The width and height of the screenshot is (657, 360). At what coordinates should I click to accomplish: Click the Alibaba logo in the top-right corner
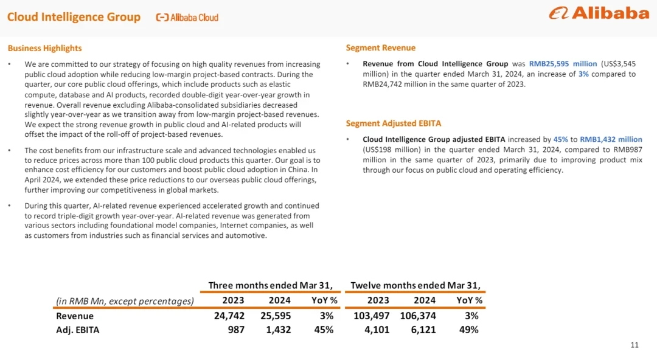coord(599,13)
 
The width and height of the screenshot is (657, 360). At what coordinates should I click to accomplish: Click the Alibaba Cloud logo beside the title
coord(187,18)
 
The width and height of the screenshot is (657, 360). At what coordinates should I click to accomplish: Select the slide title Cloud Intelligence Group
coord(74,17)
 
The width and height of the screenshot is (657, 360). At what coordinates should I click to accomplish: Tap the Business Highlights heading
coord(44,48)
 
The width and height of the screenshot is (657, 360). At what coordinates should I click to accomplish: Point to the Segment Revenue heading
coord(381,48)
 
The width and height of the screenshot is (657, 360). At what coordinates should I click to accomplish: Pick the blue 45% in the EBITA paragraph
coord(560,139)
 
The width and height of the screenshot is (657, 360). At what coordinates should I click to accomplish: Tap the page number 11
coord(634,345)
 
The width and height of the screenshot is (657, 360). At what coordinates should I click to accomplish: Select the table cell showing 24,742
coord(229,316)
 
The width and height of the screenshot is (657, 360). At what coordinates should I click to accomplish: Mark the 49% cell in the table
coord(468,330)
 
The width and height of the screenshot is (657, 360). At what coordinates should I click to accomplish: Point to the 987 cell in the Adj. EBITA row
coord(235,330)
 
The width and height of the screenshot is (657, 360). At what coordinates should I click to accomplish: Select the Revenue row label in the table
coord(75,316)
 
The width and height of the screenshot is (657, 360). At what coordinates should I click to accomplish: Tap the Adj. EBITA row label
coord(77,330)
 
